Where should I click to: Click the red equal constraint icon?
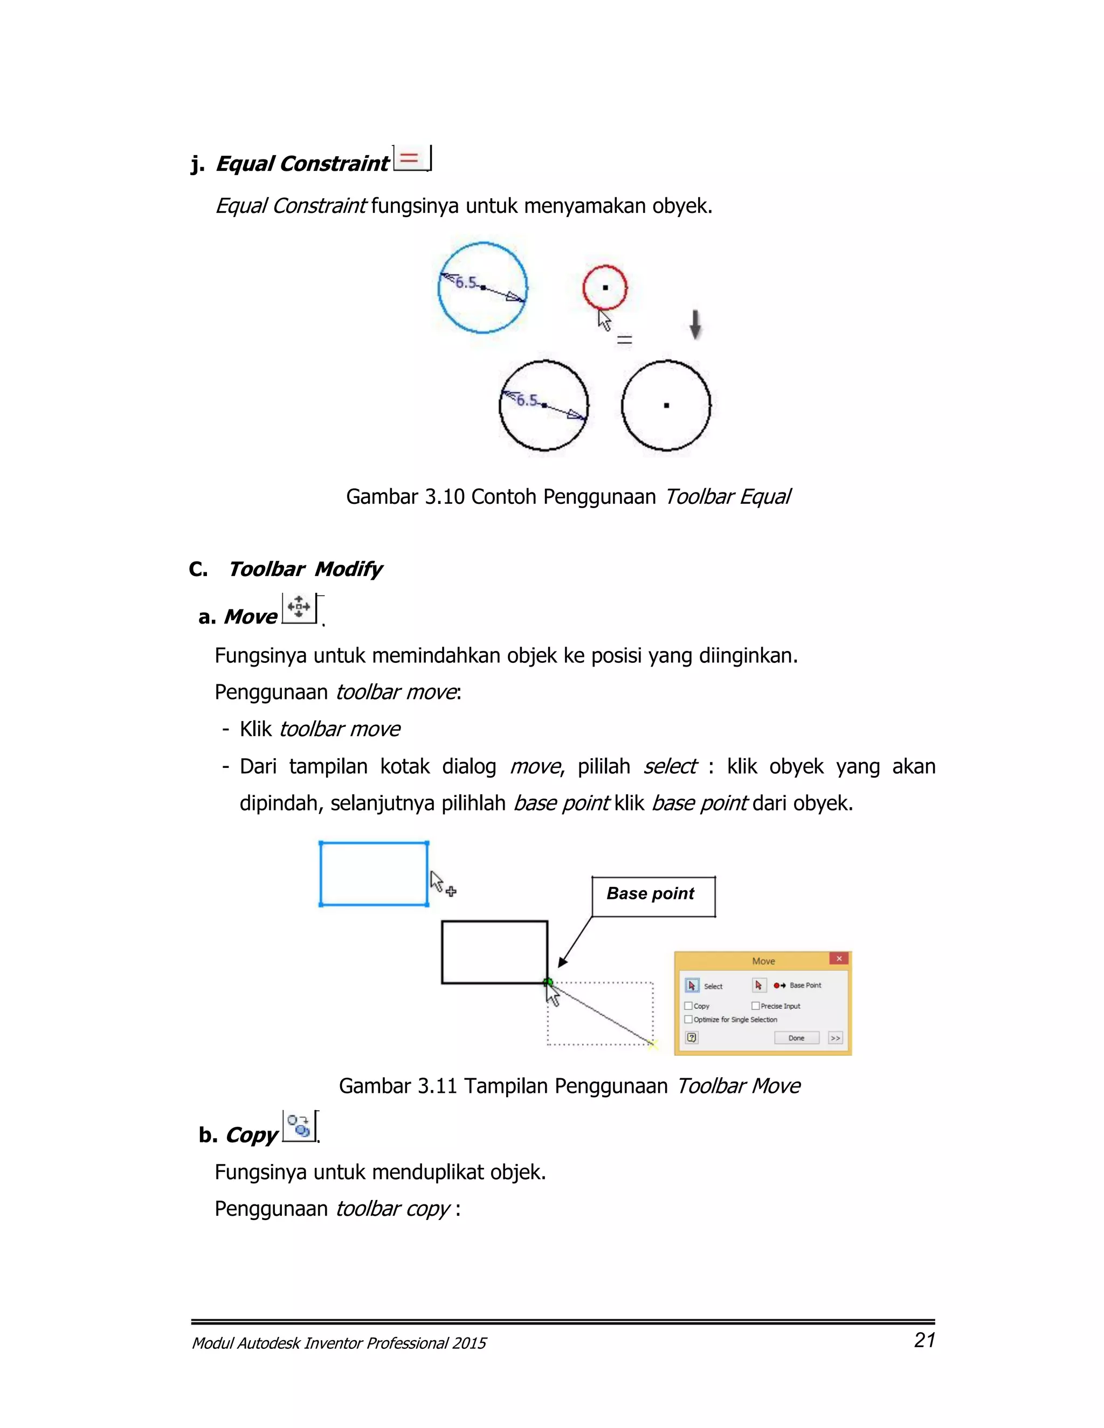[410, 158]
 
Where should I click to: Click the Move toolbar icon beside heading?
[299, 607]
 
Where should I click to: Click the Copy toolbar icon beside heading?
[299, 1126]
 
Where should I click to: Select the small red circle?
[605, 287]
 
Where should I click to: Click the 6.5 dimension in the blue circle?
[466, 282]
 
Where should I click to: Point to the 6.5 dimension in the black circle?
[527, 399]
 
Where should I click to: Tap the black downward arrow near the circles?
[695, 324]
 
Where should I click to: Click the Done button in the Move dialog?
[796, 1038]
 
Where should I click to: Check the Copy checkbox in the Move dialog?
[688, 1006]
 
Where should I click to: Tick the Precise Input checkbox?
[755, 1006]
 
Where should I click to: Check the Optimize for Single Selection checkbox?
[688, 1020]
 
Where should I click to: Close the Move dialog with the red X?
[839, 959]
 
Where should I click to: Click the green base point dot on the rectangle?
[549, 981]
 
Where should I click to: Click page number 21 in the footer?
[924, 1340]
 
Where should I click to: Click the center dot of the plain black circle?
[666, 405]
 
